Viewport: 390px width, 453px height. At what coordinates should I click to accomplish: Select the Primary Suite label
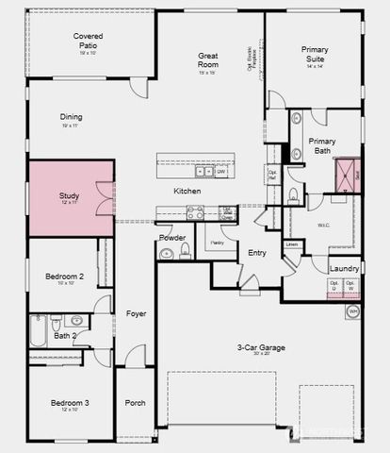[x=315, y=55]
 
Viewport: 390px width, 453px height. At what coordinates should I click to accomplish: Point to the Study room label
[x=69, y=196]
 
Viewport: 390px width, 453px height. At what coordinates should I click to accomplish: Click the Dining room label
[x=73, y=118]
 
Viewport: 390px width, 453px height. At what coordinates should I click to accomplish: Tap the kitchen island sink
[x=204, y=172]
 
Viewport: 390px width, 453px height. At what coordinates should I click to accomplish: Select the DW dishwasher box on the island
[x=222, y=172]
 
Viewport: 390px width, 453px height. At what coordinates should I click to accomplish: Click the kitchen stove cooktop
[x=196, y=213]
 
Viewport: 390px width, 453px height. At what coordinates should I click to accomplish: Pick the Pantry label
[x=217, y=243]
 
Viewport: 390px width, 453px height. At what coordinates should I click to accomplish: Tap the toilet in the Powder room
[x=185, y=250]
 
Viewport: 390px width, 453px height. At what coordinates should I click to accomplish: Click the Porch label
[x=135, y=403]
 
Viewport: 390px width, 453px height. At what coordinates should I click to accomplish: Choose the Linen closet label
[x=292, y=244]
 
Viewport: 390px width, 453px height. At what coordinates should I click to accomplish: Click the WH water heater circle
[x=353, y=310]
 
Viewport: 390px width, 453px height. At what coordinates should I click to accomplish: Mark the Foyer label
[x=136, y=313]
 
